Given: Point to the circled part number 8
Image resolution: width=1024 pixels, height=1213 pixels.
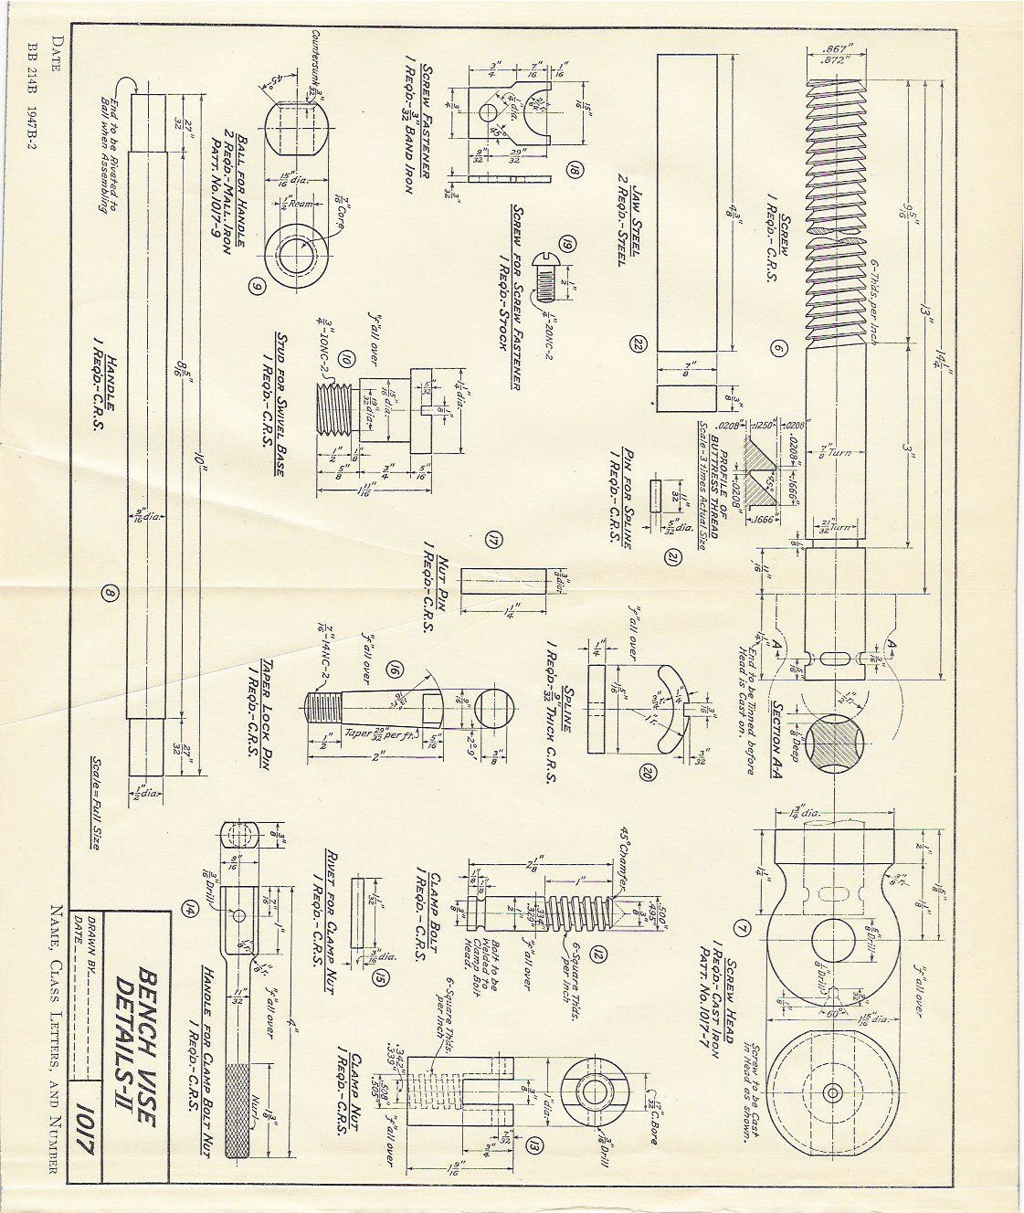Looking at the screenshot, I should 111,595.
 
